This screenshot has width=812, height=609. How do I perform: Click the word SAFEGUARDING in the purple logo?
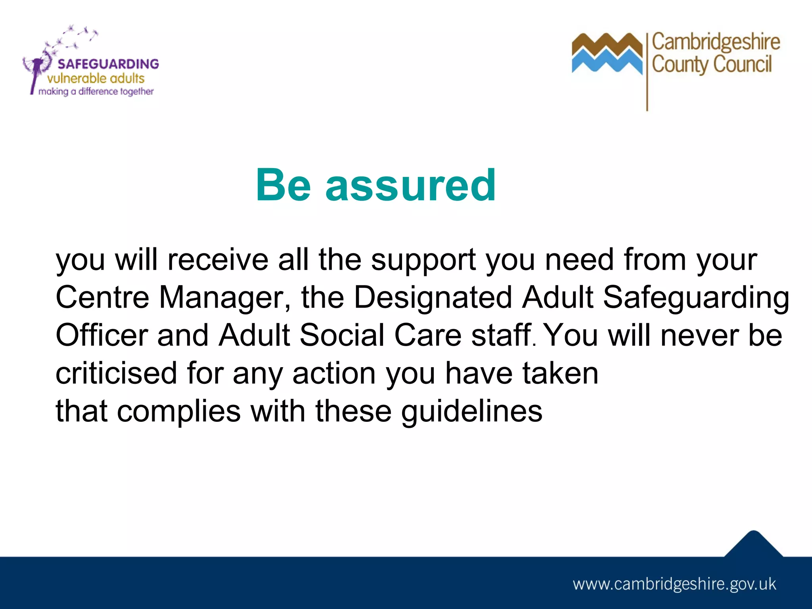(108, 64)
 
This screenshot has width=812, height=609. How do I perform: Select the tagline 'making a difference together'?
(96, 92)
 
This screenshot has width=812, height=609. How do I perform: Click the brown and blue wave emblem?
(607, 54)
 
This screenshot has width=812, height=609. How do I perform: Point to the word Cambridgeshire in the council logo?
(716, 42)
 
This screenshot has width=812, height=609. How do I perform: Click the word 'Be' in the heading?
(283, 185)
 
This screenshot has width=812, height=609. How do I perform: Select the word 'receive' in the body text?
(218, 260)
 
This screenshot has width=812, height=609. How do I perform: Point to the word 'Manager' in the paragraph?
(222, 297)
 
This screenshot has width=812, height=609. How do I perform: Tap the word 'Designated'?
(433, 297)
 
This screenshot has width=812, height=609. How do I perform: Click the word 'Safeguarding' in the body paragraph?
(696, 297)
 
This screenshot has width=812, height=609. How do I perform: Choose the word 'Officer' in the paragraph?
(102, 335)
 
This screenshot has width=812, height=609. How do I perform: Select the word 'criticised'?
(116, 373)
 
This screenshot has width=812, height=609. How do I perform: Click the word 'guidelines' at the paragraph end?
(472, 412)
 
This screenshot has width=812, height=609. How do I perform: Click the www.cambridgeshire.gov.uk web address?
(674, 584)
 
